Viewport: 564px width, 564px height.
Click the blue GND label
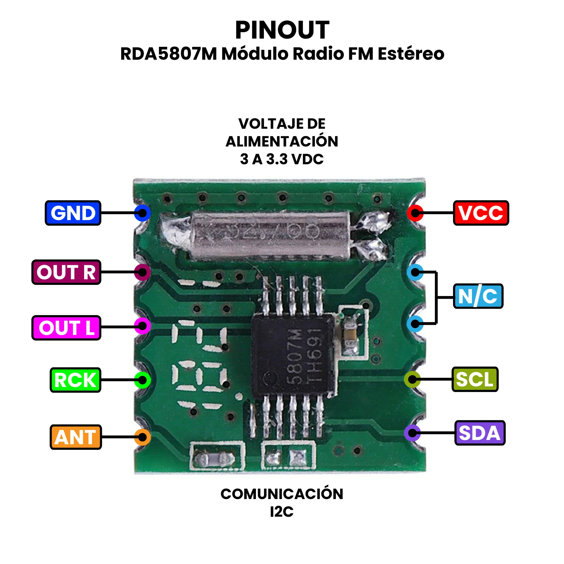(73, 213)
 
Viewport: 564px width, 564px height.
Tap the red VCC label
(481, 213)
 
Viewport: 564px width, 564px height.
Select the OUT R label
(66, 272)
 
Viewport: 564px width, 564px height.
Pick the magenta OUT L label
(66, 328)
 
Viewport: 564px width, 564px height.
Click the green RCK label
(75, 380)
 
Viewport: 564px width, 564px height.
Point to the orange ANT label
(76, 437)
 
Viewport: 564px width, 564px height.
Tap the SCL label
(475, 379)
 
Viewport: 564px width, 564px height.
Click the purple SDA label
(480, 433)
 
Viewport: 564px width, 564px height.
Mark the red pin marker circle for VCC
(415, 213)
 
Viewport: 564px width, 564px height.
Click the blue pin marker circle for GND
(143, 213)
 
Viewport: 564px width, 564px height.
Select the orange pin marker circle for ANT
(143, 437)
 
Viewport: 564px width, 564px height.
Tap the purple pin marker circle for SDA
(412, 433)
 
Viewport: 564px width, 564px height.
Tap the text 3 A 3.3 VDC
(282, 159)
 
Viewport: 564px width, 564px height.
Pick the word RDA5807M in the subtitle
(169, 54)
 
